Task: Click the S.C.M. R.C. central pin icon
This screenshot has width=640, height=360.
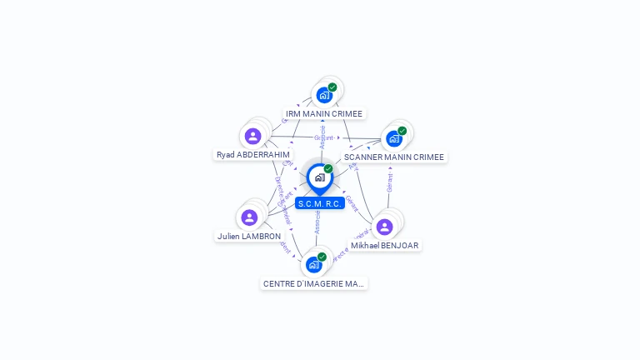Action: pos(319,177)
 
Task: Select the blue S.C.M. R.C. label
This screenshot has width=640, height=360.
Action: pos(320,203)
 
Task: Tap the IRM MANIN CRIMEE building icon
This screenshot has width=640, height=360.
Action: pos(324,95)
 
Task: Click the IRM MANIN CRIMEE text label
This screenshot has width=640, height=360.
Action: pos(325,113)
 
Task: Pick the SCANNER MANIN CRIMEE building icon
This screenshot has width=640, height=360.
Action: pos(394,138)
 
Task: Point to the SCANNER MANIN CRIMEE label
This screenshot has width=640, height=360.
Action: pos(394,157)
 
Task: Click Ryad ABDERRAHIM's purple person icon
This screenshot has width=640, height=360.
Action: pos(252,136)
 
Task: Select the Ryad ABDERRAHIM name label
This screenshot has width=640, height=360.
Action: pos(253,154)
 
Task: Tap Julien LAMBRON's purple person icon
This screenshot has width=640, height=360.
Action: pos(249,217)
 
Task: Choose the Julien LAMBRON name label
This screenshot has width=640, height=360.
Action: pos(249,236)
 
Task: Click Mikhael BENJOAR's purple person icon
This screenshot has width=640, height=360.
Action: pos(384,227)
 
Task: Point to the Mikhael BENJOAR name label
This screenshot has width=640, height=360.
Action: pos(384,245)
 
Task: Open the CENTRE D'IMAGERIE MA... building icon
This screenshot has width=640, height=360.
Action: pos(313,265)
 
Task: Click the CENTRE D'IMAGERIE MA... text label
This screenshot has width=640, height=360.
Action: pos(314,283)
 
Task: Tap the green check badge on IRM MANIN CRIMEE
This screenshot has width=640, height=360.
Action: pos(332,87)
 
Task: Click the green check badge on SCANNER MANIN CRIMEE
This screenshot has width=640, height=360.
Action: pos(402,131)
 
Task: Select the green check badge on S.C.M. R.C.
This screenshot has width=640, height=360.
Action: pos(328,169)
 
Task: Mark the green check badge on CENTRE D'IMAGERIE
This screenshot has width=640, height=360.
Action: pos(322,257)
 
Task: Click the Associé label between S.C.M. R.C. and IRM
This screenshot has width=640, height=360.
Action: pos(322,137)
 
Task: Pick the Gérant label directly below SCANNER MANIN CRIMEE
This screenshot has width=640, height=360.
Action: pos(389,179)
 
